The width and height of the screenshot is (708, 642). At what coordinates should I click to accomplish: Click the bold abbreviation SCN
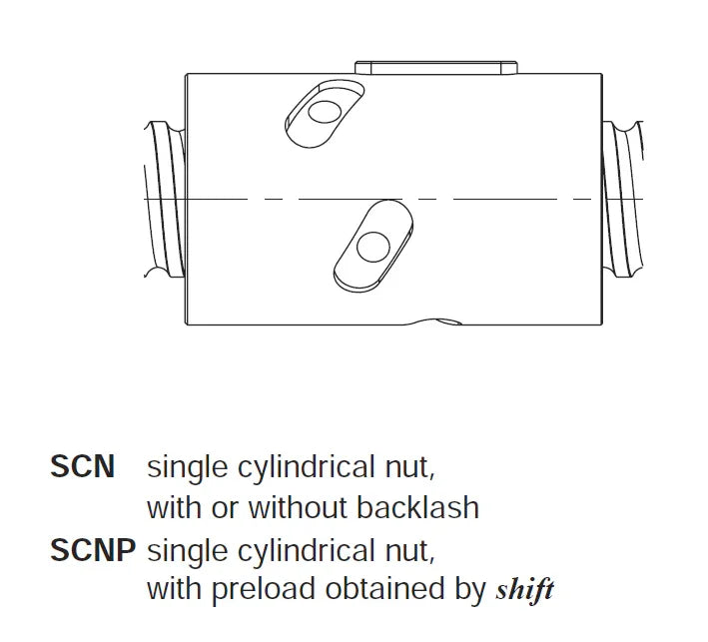pyautogui.click(x=82, y=466)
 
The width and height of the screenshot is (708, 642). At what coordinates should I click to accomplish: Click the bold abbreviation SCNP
pyautogui.click(x=93, y=550)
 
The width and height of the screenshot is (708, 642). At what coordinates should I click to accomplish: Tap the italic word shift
pyautogui.click(x=524, y=589)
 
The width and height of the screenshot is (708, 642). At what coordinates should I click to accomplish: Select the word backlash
pyautogui.click(x=417, y=507)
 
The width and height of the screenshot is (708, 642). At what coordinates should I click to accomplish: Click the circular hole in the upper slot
pyautogui.click(x=325, y=112)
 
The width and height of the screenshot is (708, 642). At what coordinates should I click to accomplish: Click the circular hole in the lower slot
pyautogui.click(x=372, y=247)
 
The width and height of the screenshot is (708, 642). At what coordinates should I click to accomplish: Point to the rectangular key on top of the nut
pyautogui.click(x=435, y=67)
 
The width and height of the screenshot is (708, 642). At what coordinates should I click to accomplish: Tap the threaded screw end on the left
pyautogui.click(x=165, y=199)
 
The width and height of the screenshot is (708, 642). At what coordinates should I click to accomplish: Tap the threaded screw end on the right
pyautogui.click(x=623, y=199)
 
